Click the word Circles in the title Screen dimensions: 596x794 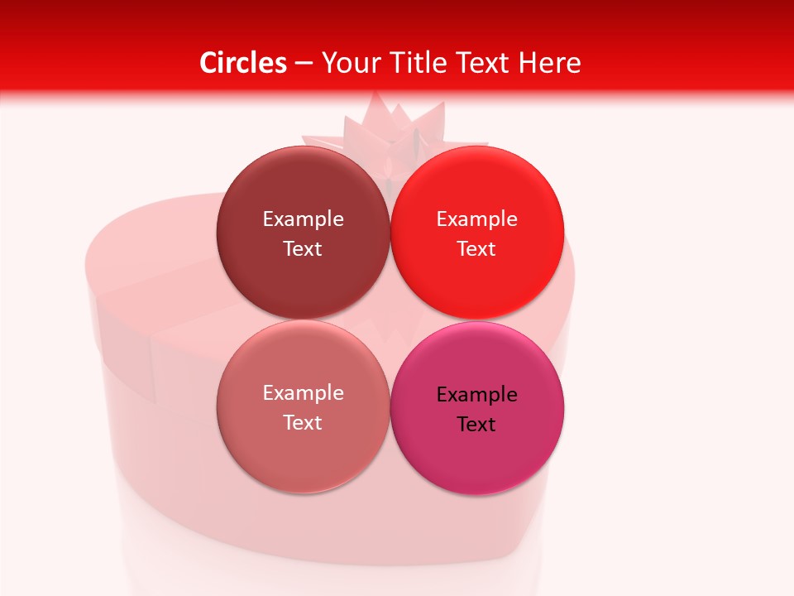click(243, 63)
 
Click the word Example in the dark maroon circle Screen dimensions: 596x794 click(303, 219)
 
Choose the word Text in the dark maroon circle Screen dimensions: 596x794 click(303, 248)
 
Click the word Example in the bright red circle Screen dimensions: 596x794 click(476, 219)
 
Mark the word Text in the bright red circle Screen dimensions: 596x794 click(476, 248)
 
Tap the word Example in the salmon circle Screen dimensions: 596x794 click(303, 393)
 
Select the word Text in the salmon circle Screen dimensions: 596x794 click(303, 422)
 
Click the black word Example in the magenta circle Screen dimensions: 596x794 click(476, 395)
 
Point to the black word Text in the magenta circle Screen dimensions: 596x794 click(476, 425)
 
